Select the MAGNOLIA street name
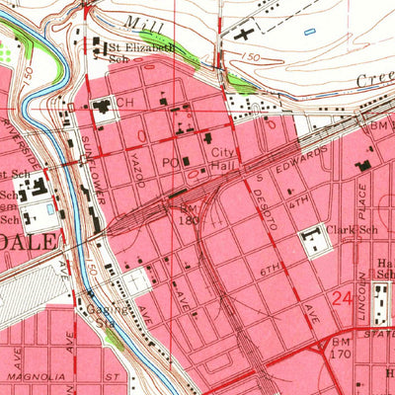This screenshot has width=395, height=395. [35, 376]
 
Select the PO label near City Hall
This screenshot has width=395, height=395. [170, 160]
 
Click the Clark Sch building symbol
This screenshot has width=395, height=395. [314, 240]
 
